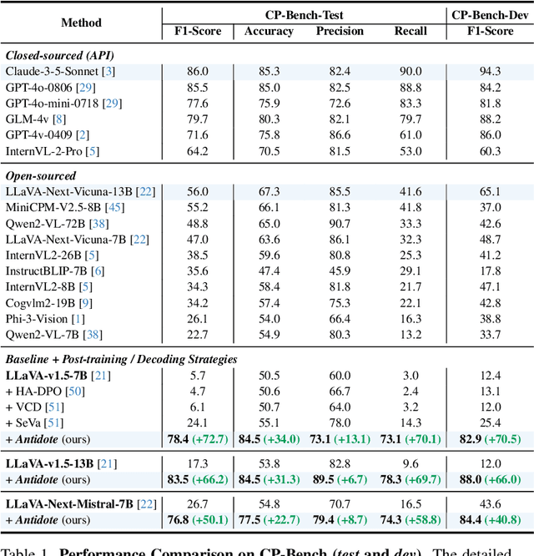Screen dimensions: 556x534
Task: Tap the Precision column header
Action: point(340,31)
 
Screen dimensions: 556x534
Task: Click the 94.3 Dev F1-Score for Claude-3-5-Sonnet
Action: point(491,73)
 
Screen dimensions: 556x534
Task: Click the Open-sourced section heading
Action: point(41,176)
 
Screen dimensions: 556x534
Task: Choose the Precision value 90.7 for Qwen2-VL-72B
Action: point(340,225)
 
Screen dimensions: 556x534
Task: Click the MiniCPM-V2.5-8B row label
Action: point(52,206)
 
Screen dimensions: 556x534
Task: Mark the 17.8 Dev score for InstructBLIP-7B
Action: point(491,271)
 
